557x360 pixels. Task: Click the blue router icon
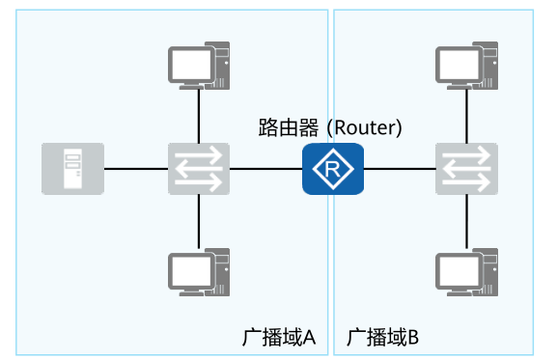(332, 169)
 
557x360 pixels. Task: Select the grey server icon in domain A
(72, 169)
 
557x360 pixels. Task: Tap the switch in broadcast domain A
(198, 169)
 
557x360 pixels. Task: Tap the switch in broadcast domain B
(466, 169)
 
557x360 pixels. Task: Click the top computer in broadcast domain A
(198, 65)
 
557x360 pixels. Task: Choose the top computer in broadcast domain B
(466, 65)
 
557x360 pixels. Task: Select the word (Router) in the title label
(364, 127)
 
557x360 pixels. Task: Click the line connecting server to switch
(135, 169)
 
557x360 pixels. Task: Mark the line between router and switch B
(399, 169)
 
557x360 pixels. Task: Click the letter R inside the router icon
(332, 170)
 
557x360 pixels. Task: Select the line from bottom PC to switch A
(198, 222)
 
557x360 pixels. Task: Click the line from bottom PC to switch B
(466, 222)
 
